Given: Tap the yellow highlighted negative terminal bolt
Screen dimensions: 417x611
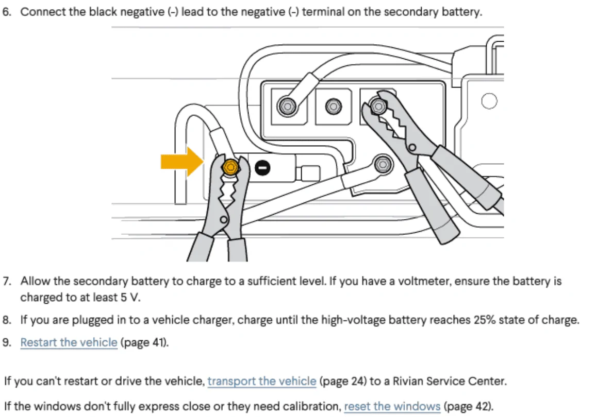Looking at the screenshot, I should click(230, 166).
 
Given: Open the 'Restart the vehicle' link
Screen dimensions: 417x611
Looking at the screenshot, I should click(69, 342).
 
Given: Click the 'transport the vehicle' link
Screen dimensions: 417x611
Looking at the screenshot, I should click(261, 381).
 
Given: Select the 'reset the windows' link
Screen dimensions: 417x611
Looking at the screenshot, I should click(392, 406).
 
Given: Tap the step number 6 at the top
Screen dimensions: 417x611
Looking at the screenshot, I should click(6, 11).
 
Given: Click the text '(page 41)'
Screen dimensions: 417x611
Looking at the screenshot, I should click(144, 342).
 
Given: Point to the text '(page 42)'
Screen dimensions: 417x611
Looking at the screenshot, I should click(468, 406).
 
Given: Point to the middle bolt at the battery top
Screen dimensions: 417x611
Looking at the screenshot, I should click(333, 107).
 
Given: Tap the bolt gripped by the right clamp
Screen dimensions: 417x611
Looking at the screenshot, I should click(378, 107).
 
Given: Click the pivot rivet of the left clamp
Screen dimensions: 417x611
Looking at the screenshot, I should click(223, 220).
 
